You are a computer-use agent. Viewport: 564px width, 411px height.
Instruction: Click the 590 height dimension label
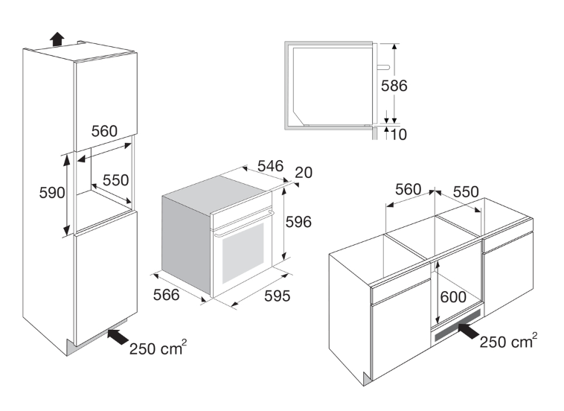51,191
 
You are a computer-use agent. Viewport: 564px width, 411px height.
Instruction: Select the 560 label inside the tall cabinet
105,131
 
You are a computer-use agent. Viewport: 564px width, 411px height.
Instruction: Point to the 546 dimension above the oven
271,166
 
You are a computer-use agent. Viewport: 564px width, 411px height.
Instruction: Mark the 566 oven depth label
166,295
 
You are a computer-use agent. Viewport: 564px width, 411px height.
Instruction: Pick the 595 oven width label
276,296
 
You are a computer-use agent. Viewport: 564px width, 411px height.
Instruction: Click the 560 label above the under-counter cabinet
408,191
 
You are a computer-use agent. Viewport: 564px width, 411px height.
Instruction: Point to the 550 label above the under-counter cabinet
466,191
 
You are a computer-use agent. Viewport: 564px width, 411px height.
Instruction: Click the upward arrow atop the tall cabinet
57,39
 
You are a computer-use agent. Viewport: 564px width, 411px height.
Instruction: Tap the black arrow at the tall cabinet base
116,337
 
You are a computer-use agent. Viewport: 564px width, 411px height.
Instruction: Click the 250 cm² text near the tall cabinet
156,348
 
